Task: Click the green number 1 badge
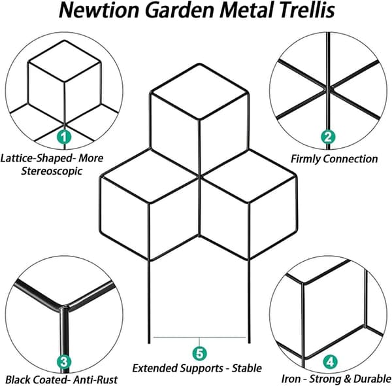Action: coord(64,137)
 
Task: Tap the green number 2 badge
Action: coord(328,137)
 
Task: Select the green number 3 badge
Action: coord(64,362)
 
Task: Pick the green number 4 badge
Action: coord(330,362)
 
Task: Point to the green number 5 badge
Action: coord(199,354)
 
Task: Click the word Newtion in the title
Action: coord(99,10)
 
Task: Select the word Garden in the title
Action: coord(180,10)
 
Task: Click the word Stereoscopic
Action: coord(52,171)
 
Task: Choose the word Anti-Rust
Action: coord(95,379)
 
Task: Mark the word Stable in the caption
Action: coord(247,368)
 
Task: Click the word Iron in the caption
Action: coord(291,379)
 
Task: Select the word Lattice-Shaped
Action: coord(38,158)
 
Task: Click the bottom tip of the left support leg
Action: coord(149,343)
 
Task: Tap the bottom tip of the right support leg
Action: coord(249,343)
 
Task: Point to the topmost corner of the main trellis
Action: coord(199,64)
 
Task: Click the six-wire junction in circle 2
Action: coord(328,88)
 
